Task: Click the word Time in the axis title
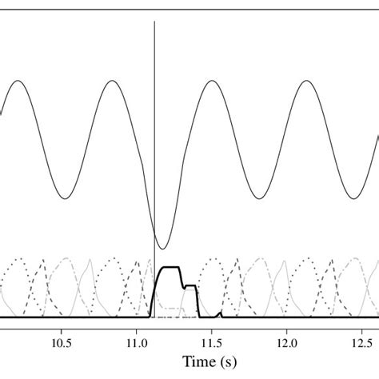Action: pos(199,362)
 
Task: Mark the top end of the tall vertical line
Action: pos(154,22)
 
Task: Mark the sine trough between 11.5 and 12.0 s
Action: pos(258,198)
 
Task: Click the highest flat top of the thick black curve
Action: pos(172,268)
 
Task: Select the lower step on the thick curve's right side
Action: pos(190,285)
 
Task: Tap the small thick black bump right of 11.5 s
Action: pos(220,313)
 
